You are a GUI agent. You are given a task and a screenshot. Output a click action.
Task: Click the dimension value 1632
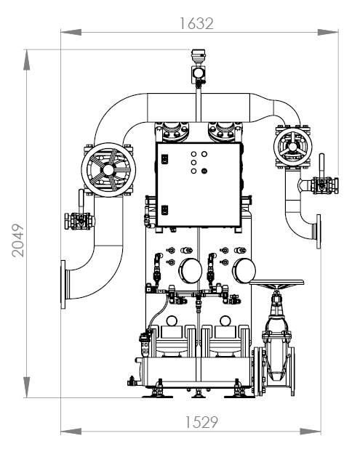coord(196,23)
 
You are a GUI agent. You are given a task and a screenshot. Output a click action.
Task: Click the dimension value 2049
coord(18,240)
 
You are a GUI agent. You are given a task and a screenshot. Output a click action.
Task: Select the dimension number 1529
coord(201,422)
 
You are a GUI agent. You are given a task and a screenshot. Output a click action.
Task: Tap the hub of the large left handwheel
coord(108,169)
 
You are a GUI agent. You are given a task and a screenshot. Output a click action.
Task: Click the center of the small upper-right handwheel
coord(292,146)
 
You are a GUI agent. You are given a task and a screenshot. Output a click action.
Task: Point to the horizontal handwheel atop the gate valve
coord(276,282)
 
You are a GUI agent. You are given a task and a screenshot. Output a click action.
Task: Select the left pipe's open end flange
coord(63,284)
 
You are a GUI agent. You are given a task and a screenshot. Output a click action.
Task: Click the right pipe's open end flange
coord(319,232)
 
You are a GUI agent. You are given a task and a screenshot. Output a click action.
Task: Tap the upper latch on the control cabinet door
coord(164,158)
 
